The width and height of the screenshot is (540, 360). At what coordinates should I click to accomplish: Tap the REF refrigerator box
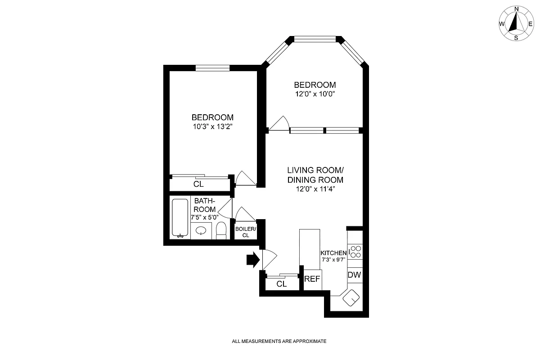pyautogui.click(x=312, y=279)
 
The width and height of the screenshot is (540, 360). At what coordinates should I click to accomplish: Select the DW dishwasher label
pyautogui.click(x=355, y=275)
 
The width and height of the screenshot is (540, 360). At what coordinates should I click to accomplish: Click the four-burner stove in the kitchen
pyautogui.click(x=355, y=251)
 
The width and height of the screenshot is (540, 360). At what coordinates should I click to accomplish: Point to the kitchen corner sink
pyautogui.click(x=351, y=297)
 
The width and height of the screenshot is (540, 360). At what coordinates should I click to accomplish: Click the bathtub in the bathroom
pyautogui.click(x=180, y=217)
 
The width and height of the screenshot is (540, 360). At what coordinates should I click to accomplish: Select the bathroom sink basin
pyautogui.click(x=201, y=231)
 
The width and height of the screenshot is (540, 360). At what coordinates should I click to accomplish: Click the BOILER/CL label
pyautogui.click(x=245, y=232)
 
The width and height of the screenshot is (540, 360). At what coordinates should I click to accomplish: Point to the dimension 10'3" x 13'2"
pyautogui.click(x=212, y=127)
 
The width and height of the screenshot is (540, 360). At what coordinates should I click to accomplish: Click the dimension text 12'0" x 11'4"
pyautogui.click(x=315, y=189)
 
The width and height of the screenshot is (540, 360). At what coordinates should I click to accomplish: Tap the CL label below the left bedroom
pyautogui.click(x=198, y=184)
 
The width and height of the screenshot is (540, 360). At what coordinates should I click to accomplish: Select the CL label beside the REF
pyautogui.click(x=282, y=284)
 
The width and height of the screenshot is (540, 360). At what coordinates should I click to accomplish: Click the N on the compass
pyautogui.click(x=517, y=9)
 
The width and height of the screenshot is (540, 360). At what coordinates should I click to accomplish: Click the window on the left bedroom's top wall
pyautogui.click(x=212, y=68)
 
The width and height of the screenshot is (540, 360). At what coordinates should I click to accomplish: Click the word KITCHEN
pyautogui.click(x=333, y=253)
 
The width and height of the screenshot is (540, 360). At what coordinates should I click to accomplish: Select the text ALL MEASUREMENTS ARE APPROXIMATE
pyautogui.click(x=279, y=342)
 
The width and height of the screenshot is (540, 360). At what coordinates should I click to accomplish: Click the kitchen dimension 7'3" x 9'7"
pyautogui.click(x=333, y=260)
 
